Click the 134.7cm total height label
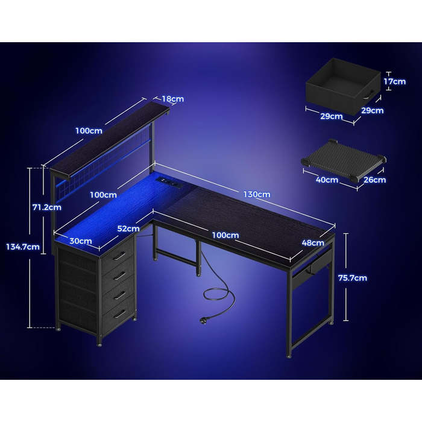23,247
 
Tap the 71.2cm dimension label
47,207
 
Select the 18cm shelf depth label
173,99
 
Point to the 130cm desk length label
257,194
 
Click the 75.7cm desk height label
353,278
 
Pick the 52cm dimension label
128,228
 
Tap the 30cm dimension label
80,241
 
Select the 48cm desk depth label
313,243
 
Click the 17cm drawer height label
394,81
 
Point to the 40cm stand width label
327,180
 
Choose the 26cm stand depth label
374,180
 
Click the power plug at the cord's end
203,320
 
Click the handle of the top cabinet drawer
119,256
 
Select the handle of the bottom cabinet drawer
119,314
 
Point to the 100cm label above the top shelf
89,131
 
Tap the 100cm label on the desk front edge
225,235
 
